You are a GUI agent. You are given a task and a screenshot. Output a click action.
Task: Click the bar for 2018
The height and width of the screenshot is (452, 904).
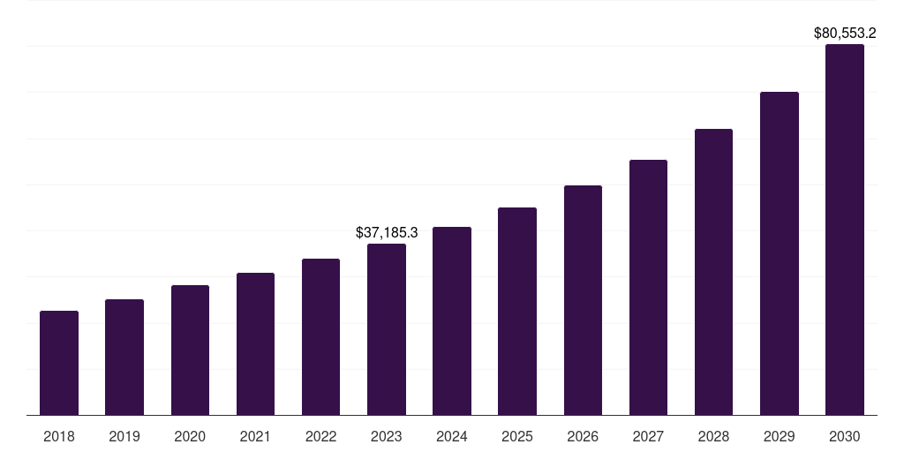[x=59, y=363]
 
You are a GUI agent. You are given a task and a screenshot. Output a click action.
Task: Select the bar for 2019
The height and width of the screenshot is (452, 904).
[x=124, y=358]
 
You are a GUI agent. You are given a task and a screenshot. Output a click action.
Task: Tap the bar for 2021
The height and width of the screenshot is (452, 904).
[x=255, y=344]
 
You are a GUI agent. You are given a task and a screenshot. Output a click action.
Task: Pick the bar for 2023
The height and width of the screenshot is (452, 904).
[x=387, y=329]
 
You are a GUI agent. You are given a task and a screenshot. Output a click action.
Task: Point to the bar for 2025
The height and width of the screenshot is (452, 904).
[x=517, y=312]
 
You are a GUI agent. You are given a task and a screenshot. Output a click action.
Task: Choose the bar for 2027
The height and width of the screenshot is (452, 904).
[x=648, y=288]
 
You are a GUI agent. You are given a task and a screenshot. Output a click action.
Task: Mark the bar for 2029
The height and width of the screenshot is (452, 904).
[x=780, y=253]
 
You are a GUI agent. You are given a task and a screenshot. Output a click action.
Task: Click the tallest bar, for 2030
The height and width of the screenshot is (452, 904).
[x=845, y=230]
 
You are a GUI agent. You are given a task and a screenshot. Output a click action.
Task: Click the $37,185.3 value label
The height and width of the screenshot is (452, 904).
[x=387, y=233]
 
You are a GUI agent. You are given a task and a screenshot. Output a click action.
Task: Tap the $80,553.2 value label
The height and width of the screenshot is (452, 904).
[x=845, y=34]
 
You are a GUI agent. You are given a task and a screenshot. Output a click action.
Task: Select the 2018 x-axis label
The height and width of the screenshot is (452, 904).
[x=59, y=436]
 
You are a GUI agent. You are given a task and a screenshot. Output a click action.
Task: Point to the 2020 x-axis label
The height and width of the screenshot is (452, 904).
[x=190, y=436]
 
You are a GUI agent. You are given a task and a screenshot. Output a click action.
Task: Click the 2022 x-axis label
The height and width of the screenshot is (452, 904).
[x=320, y=436]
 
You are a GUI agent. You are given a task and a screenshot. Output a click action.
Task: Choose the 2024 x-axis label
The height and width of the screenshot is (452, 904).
[x=452, y=436]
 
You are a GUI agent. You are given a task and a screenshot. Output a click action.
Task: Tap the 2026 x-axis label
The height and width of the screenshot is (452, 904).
[x=583, y=436]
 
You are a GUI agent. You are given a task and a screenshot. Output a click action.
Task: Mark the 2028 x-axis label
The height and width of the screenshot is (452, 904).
[x=713, y=436]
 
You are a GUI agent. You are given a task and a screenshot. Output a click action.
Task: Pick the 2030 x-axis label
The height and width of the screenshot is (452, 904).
[x=845, y=436]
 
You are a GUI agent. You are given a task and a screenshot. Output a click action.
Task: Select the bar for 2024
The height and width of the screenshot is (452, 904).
[x=452, y=321]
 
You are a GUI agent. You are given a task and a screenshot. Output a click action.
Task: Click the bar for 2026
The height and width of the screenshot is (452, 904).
[x=583, y=300]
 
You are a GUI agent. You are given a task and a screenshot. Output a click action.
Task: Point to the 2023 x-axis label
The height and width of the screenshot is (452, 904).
[x=387, y=436]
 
